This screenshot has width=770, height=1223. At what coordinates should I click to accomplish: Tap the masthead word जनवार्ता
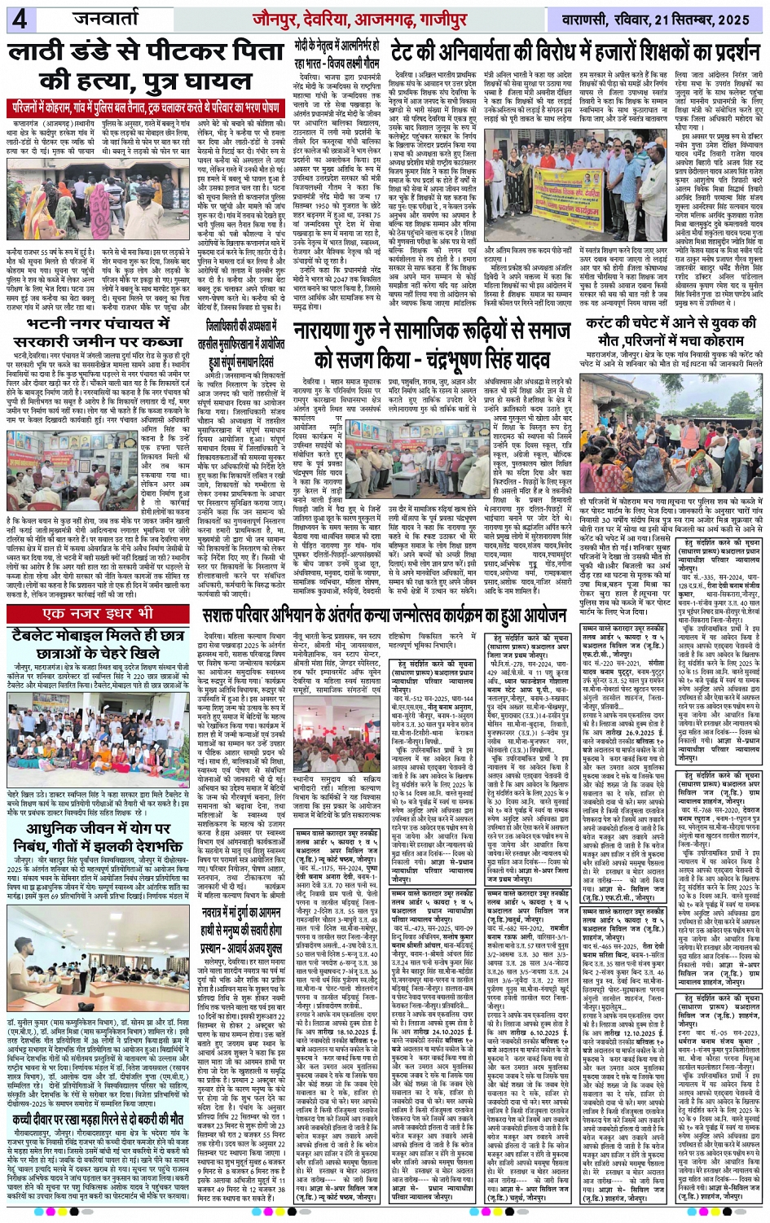110,18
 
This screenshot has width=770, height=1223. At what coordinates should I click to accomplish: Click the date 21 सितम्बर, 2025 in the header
700,18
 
